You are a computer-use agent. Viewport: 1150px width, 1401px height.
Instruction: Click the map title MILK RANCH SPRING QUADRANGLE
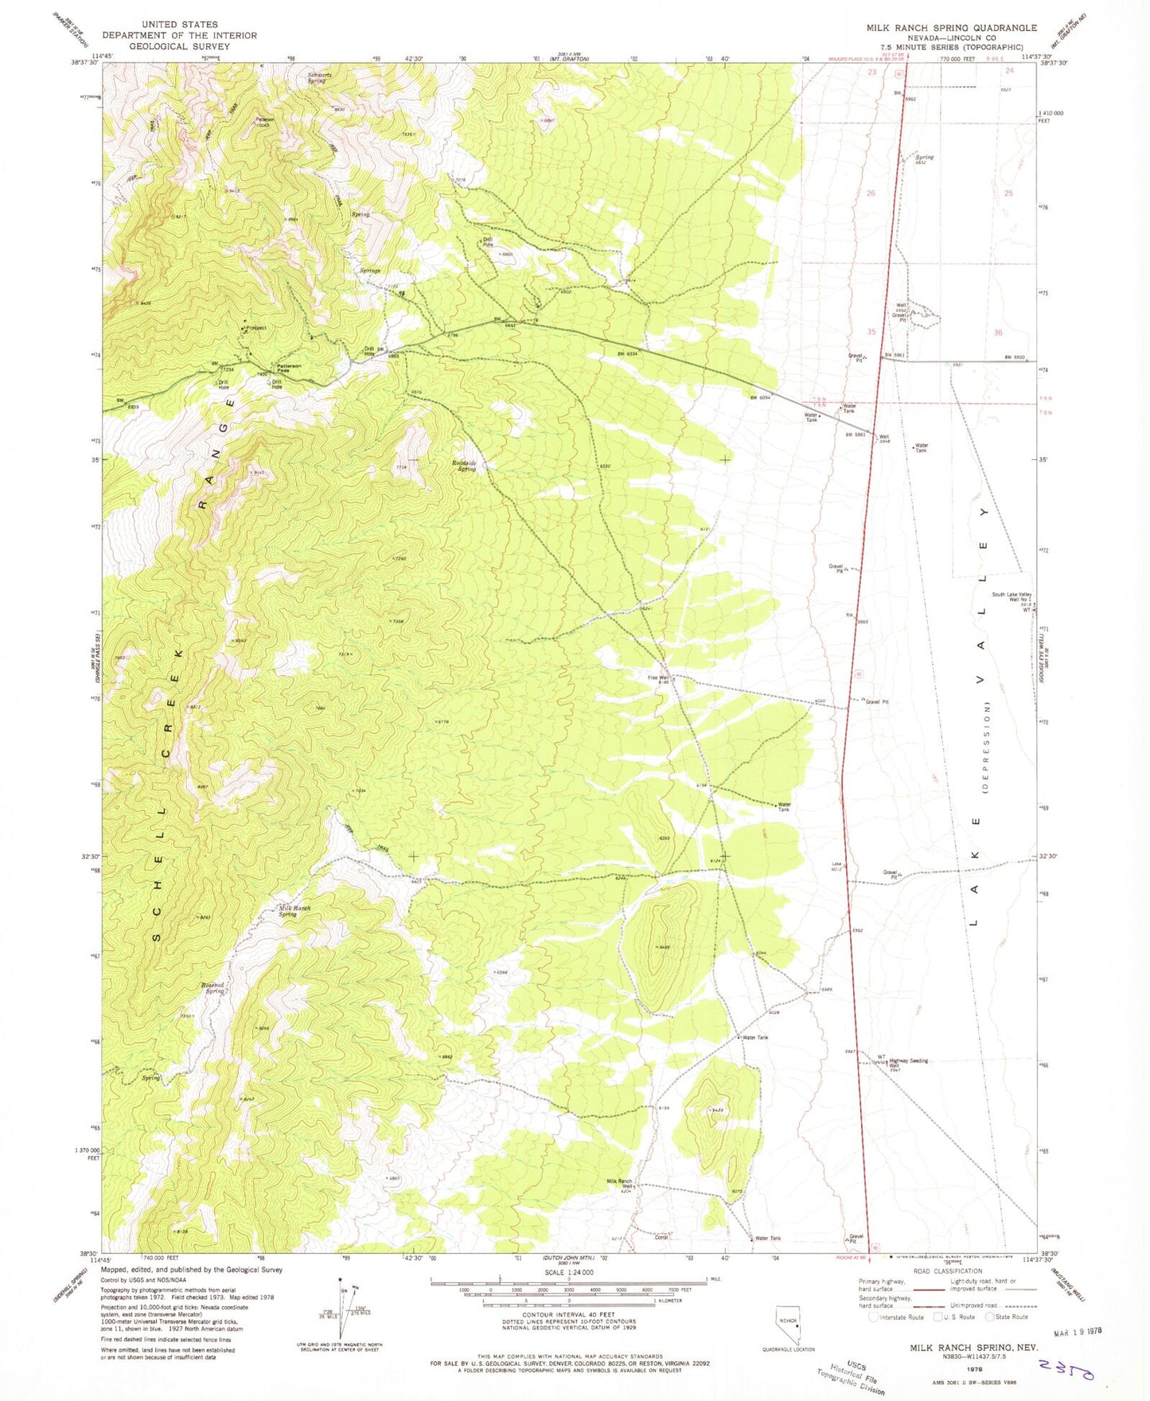click(951, 27)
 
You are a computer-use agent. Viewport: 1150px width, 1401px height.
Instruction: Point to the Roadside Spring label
click(464, 466)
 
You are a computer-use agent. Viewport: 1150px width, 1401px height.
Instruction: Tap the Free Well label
click(657, 678)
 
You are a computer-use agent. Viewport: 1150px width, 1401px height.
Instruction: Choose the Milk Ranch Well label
click(620, 1184)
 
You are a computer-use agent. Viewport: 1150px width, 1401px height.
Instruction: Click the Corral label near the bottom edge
click(661, 1237)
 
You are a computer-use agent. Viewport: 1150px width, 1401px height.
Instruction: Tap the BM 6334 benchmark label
click(628, 354)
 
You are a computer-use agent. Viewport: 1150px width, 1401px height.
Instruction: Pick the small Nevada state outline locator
click(788, 1325)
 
